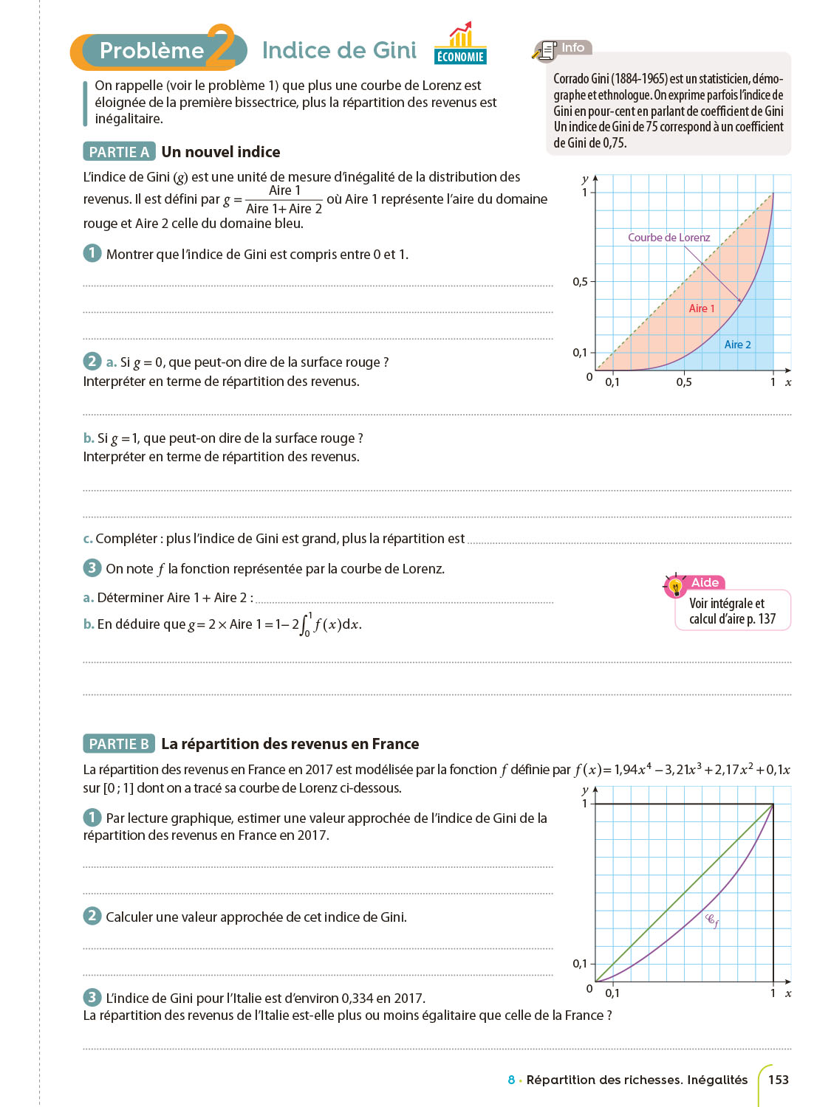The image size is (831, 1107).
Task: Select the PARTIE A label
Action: [119, 152]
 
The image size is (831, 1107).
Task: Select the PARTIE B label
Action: [119, 744]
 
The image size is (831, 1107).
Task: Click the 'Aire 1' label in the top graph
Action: [702, 308]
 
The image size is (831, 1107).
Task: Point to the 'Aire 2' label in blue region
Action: [737, 345]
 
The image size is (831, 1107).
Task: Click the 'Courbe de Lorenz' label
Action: [668, 238]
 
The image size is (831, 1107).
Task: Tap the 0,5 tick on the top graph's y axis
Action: [581, 281]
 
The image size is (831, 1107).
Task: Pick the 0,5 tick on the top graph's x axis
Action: [684, 382]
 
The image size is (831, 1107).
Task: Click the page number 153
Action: [779, 1080]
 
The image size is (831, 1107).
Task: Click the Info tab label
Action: [572, 48]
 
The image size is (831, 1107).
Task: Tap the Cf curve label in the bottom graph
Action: [712, 920]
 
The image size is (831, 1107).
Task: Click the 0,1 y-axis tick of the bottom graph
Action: [581, 963]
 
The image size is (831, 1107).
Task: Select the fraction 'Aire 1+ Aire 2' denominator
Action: [284, 209]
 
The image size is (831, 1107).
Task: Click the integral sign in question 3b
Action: [304, 625]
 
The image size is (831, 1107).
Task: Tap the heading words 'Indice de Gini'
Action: [339, 50]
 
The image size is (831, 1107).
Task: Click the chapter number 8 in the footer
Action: [511, 1080]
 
